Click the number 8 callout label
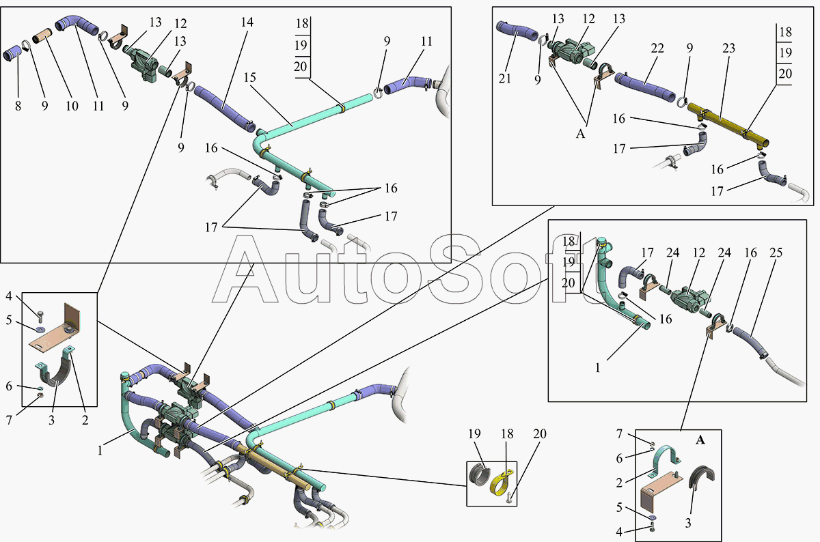[x=18, y=106]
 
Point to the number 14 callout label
[x=247, y=23]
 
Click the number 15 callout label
[x=249, y=78]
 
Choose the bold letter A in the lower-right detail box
[x=700, y=440]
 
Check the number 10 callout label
[x=71, y=106]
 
